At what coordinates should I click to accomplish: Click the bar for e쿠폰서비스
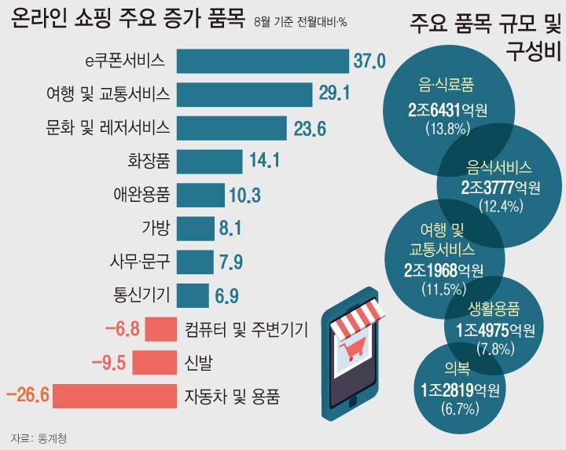coord(263,60)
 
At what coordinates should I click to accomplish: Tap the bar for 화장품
coord(209,162)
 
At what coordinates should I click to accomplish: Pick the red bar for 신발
coord(154,362)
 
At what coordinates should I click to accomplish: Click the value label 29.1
coord(334,94)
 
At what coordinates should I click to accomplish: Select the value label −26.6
coord(28,393)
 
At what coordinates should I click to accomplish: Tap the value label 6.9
coord(226,295)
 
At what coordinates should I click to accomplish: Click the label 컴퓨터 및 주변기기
coord(246,328)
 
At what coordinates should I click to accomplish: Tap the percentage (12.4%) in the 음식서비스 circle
coord(500,206)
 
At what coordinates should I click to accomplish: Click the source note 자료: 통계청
coord(40,437)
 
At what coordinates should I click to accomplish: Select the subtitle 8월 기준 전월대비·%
coord(302,20)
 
